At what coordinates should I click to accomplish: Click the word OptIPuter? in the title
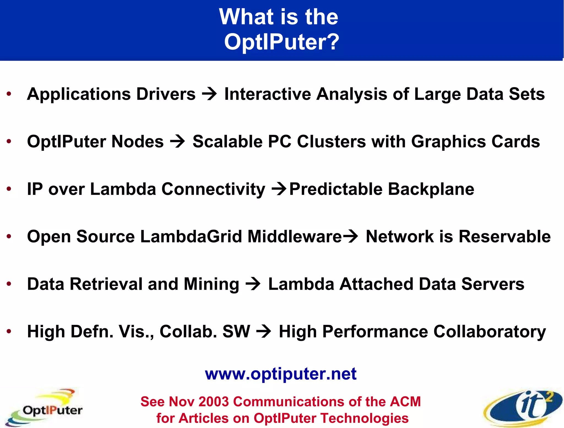[282, 42]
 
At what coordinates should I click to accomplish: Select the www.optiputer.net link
[281, 374]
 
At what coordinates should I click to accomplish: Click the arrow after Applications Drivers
[210, 95]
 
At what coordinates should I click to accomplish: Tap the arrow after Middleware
[350, 236]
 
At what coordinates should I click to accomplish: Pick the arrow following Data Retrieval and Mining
[253, 284]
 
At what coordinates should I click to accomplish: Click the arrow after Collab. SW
[264, 332]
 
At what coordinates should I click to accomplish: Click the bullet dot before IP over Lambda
[9, 189]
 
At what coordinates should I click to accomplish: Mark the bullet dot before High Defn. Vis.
[9, 331]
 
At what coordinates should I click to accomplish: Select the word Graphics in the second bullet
[449, 142]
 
